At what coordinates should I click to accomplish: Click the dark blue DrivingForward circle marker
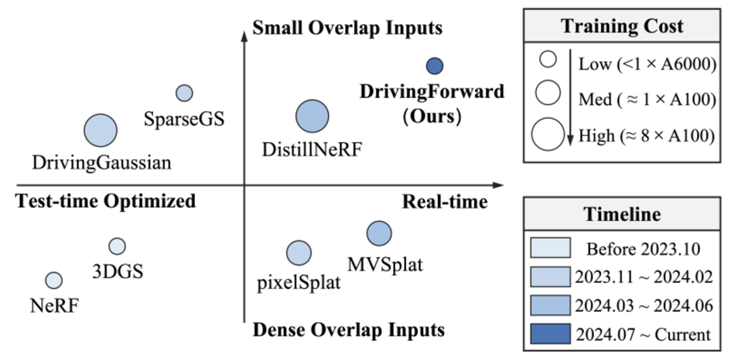pos(434,66)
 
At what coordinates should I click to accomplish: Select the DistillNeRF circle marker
pos(312,116)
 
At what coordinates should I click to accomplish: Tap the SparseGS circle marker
pos(184,93)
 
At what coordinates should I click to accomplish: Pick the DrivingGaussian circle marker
pos(100,130)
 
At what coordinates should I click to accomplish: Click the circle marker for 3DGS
pos(117,246)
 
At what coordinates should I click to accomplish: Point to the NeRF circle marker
pos(53,279)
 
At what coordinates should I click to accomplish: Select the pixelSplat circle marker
pos(298,252)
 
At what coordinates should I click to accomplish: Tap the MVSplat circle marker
pos(379,233)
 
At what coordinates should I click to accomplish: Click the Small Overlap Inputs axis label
pos(347,28)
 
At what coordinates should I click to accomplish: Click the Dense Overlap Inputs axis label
pos(348,330)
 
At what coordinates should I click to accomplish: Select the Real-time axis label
pos(444,202)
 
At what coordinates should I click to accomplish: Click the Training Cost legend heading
pos(622,26)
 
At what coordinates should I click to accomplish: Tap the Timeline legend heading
pos(622,215)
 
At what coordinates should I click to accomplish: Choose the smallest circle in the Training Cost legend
pos(548,60)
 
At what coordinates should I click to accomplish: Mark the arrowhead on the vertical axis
pos(243,35)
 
